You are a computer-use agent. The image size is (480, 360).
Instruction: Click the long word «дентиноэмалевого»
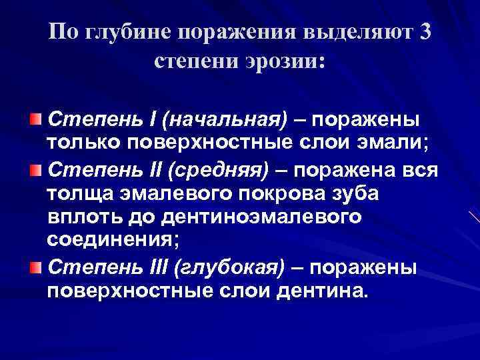(x=257, y=217)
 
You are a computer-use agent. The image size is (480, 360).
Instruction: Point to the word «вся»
(x=420, y=169)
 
